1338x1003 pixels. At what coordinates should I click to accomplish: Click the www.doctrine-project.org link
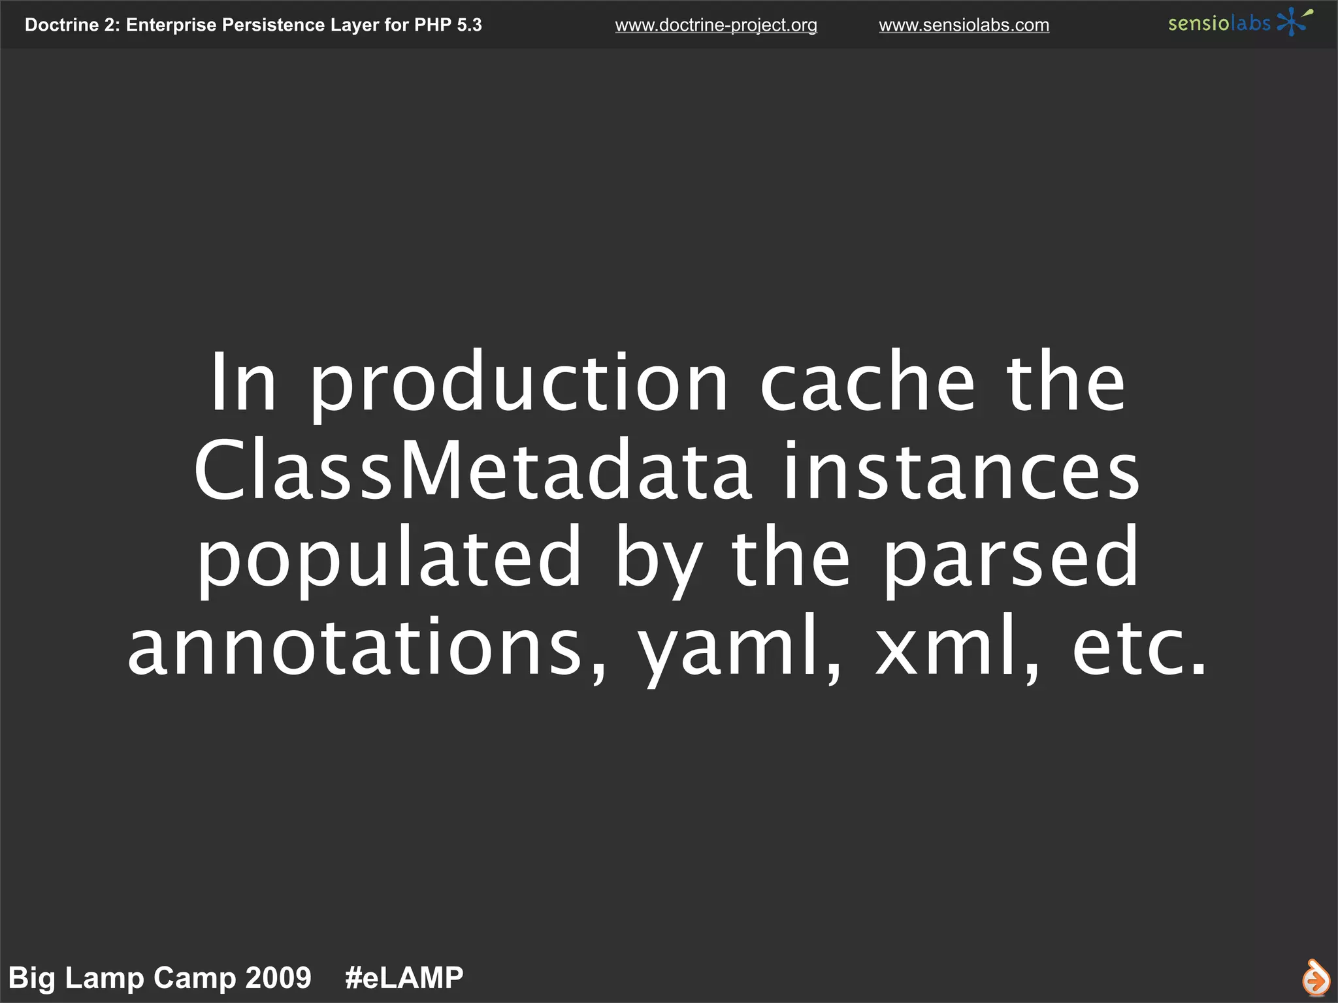715,25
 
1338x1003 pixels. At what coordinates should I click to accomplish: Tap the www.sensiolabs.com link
964,25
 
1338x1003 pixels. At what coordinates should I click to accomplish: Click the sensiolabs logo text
1218,24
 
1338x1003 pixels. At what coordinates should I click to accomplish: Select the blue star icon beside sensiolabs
1292,22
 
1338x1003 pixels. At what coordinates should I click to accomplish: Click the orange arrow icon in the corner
1314,978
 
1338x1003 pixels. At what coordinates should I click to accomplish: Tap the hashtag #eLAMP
404,978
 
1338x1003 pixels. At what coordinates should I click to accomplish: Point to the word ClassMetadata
472,470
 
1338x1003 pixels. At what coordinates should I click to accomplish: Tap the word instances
961,470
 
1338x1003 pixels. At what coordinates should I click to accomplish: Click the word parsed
1011,559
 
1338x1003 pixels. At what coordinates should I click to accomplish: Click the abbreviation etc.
1139,646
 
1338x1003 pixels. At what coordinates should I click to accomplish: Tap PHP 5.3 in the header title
448,25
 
